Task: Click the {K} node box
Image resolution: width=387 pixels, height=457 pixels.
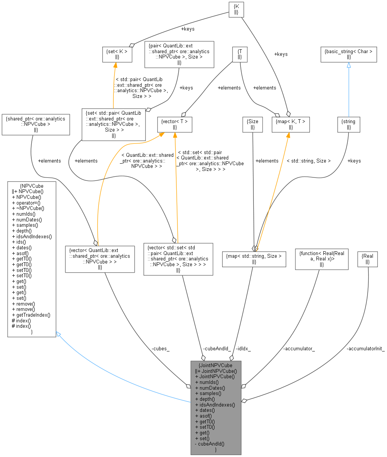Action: pyautogui.click(x=236, y=9)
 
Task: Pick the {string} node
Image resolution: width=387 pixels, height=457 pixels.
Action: pyautogui.click(x=349, y=124)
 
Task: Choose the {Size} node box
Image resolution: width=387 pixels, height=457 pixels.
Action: pyautogui.click(x=253, y=124)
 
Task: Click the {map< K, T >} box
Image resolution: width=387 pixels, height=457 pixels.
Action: pyautogui.click(x=290, y=124)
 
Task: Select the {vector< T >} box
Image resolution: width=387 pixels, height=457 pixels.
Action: pyautogui.click(x=174, y=124)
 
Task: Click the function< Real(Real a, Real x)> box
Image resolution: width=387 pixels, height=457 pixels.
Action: pyautogui.click(x=322, y=259)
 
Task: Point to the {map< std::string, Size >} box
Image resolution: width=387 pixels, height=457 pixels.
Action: pyautogui.click(x=254, y=259)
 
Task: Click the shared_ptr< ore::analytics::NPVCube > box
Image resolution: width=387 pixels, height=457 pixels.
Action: pyautogui.click(x=35, y=124)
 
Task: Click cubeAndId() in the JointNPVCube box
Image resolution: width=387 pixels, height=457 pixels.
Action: pyautogui.click(x=210, y=444)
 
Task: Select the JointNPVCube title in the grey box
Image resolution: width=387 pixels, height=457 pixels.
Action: pyautogui.click(x=216, y=365)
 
